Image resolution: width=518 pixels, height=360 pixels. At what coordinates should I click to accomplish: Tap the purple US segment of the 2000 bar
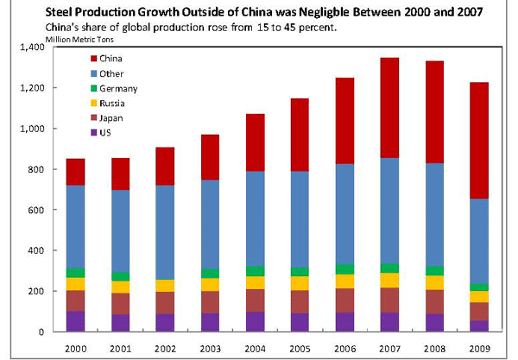coord(76,321)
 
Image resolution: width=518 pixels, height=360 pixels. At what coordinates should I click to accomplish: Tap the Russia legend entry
coord(113,104)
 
